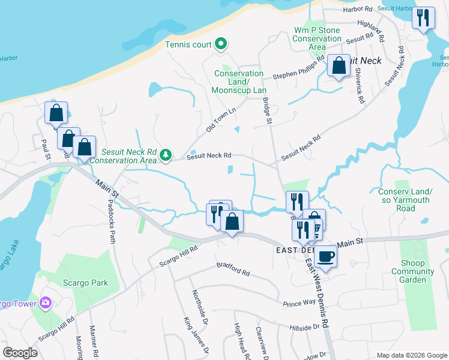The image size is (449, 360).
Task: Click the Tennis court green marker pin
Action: (221, 43)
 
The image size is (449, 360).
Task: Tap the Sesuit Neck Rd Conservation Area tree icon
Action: (166, 156)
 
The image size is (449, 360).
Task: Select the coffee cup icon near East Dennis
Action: (325, 256)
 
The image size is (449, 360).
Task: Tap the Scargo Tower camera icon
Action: (44, 303)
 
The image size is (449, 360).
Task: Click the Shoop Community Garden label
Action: (413, 271)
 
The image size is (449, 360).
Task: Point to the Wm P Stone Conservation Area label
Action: (317, 38)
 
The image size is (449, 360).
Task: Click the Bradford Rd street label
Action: (233, 268)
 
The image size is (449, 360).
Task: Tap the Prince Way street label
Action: (300, 304)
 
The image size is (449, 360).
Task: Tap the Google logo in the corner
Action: (20, 352)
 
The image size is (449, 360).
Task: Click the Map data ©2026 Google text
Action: (411, 355)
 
